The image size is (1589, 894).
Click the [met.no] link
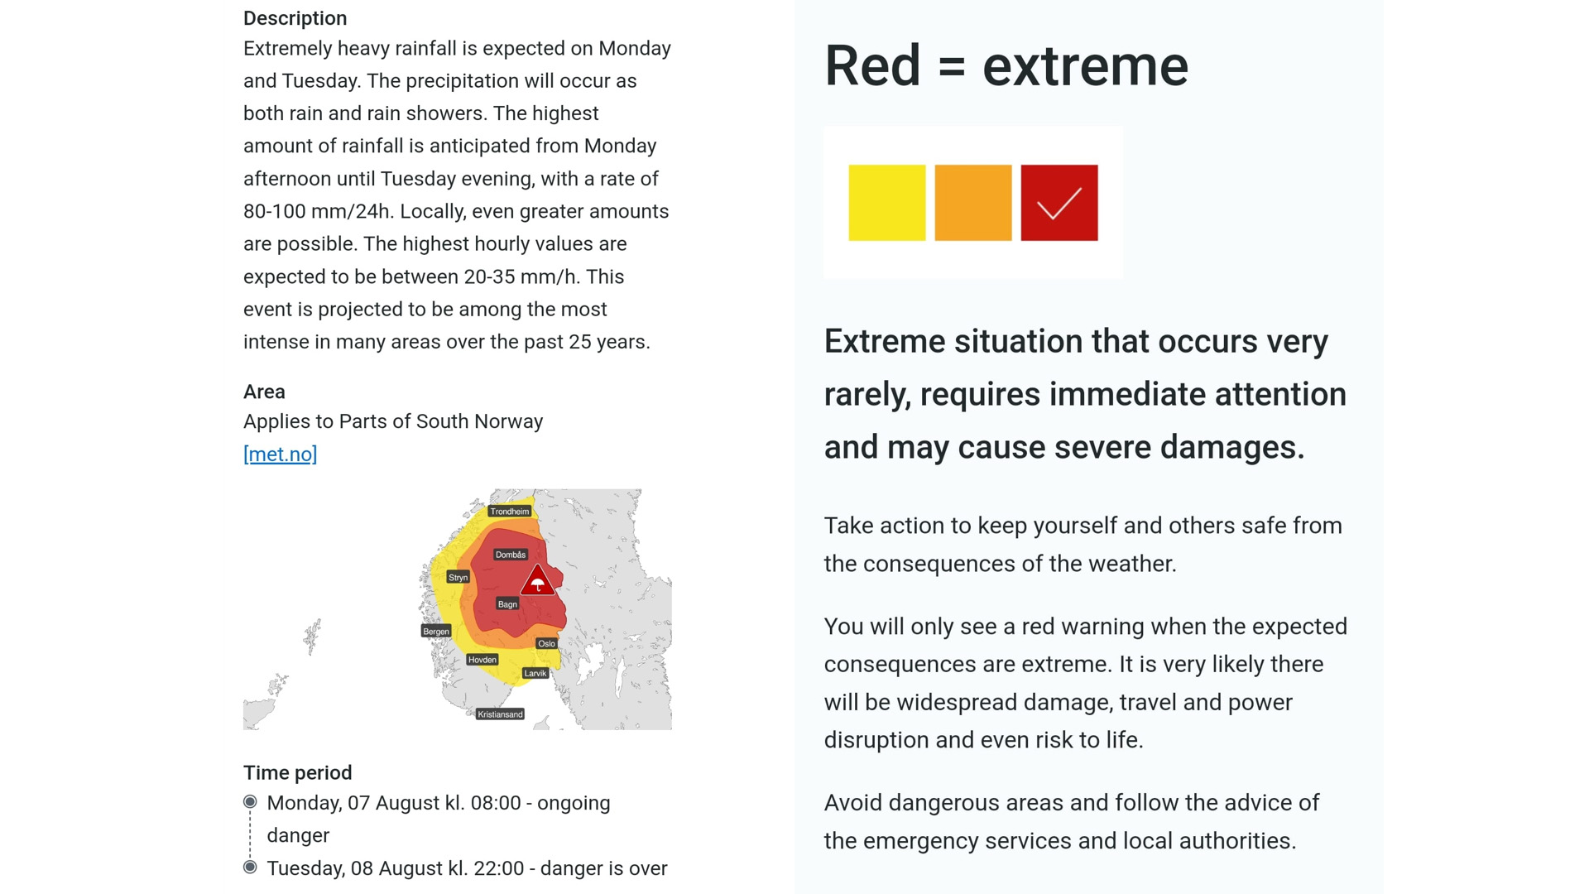pos(280,454)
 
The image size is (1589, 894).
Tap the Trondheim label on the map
pos(509,512)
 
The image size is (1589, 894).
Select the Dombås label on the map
pos(511,555)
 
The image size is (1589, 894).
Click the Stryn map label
pos(458,577)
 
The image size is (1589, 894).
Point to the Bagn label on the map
pos(507,604)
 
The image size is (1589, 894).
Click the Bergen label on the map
pos(436,631)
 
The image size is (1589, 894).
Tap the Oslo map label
pos(546,643)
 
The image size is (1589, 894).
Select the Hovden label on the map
pos(482,660)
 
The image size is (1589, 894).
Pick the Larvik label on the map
pos(535,673)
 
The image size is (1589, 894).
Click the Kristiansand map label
pos(501,714)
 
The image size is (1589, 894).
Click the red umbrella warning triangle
pos(538,581)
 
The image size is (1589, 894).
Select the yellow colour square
pos(887,203)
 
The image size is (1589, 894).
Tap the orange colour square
pos(973,203)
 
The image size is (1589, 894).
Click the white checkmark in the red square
pos(1059,204)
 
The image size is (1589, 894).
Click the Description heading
pos(295,18)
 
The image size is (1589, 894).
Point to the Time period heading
pos(298,772)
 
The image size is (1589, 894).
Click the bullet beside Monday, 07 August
pos(250,801)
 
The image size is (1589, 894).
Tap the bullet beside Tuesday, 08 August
pos(250,867)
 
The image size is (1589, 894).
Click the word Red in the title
pos(872,66)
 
